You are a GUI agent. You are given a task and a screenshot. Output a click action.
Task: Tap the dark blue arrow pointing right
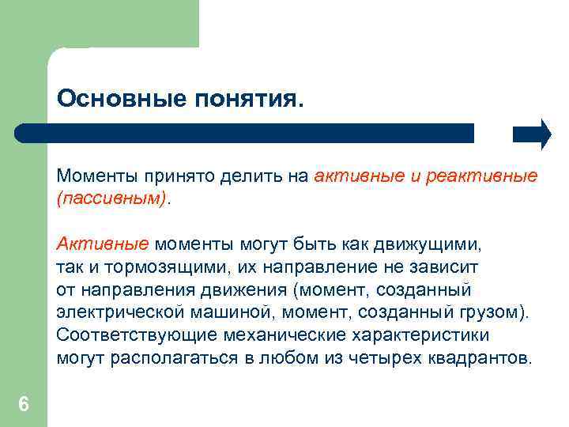pyautogui.click(x=532, y=134)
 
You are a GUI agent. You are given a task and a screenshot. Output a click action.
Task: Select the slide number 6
pyautogui.click(x=24, y=405)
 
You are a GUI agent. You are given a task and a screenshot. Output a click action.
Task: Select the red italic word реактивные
pyautogui.click(x=481, y=176)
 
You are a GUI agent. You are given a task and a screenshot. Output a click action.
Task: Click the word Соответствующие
pyautogui.click(x=128, y=334)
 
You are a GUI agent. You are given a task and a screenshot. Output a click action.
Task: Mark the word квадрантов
pyautogui.click(x=480, y=357)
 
